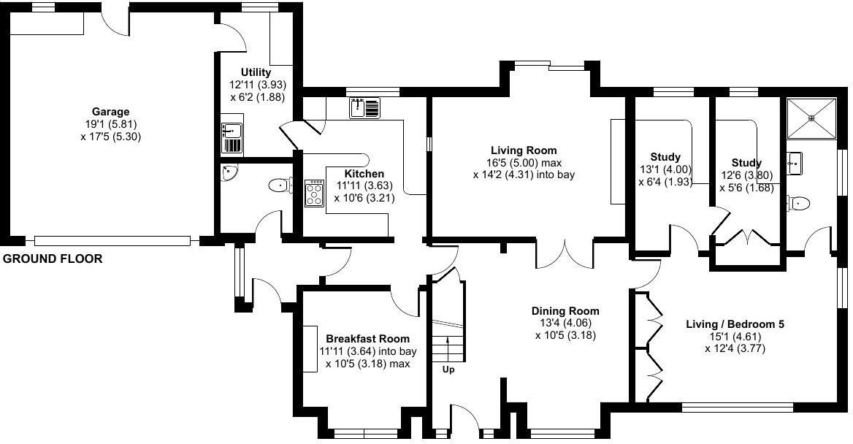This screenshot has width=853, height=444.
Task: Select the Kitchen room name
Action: (364, 174)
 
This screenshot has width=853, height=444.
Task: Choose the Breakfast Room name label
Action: (367, 339)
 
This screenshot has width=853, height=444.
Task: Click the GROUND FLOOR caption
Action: (53, 259)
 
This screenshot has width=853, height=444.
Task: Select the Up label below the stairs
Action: (448, 370)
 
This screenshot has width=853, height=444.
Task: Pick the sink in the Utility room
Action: (232, 138)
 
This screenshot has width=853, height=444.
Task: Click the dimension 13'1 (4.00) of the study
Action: (665, 169)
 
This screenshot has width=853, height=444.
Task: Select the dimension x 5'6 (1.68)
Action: (746, 187)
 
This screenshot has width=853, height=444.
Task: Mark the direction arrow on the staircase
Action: (448, 346)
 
